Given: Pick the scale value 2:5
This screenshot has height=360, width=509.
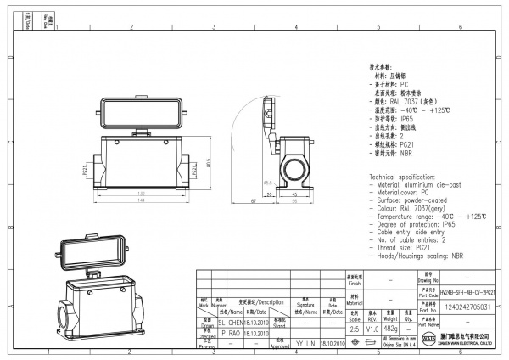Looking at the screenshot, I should [x=354, y=328].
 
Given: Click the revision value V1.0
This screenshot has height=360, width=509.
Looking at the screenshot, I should [x=372, y=328].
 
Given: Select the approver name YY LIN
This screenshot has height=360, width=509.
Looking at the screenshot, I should [x=305, y=344].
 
